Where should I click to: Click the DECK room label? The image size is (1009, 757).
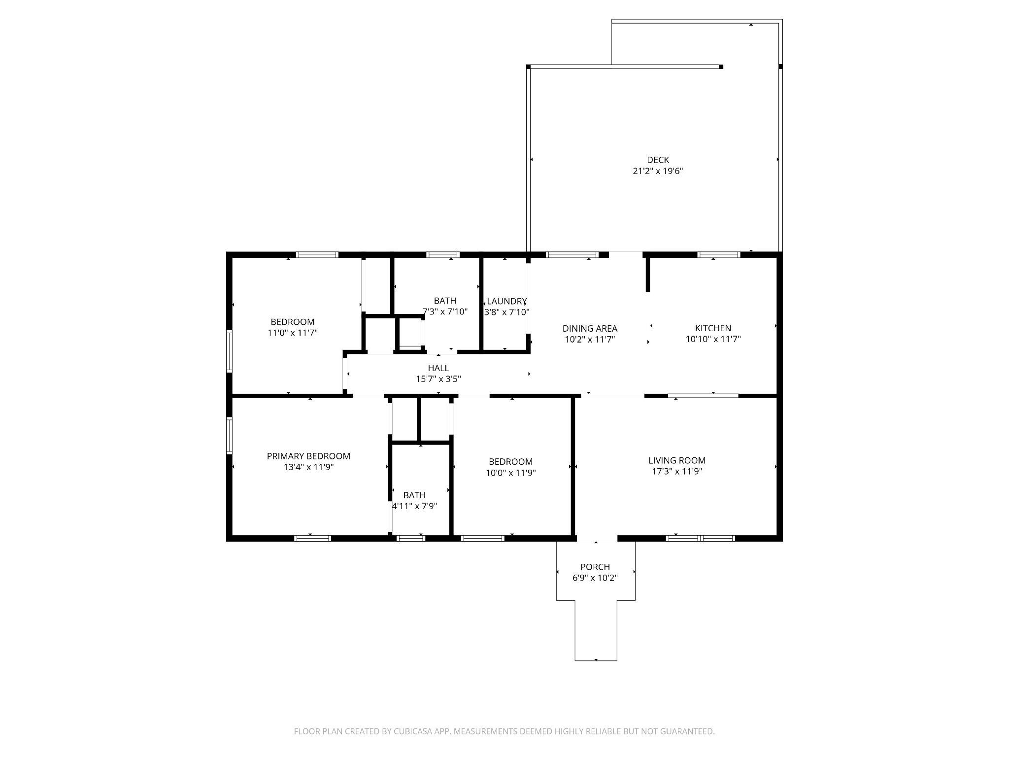[658, 160]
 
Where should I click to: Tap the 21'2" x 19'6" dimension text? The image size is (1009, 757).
[658, 172]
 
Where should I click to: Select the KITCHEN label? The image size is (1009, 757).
[713, 328]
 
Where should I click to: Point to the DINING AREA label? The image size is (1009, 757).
[590, 328]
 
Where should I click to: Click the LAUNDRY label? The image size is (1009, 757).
[506, 301]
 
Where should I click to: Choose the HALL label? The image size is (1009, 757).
[438, 368]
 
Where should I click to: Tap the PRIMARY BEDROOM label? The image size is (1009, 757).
[308, 456]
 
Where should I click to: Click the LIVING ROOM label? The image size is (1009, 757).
[676, 460]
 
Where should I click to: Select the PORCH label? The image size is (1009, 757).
[595, 567]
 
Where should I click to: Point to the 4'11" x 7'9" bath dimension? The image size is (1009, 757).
[414, 506]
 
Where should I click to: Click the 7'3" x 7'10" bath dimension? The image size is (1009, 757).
[445, 311]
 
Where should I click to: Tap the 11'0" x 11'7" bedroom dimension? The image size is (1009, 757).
[292, 333]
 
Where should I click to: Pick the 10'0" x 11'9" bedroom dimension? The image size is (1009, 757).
[510, 473]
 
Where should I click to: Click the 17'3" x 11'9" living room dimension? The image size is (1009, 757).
[676, 471]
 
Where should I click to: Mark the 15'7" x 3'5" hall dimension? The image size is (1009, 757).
[438, 379]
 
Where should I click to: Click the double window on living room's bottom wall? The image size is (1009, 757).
[700, 538]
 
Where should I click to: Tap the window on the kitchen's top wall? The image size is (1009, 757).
[719, 255]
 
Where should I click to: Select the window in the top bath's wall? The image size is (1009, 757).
[442, 255]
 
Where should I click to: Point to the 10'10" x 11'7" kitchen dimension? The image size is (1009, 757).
[713, 339]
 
